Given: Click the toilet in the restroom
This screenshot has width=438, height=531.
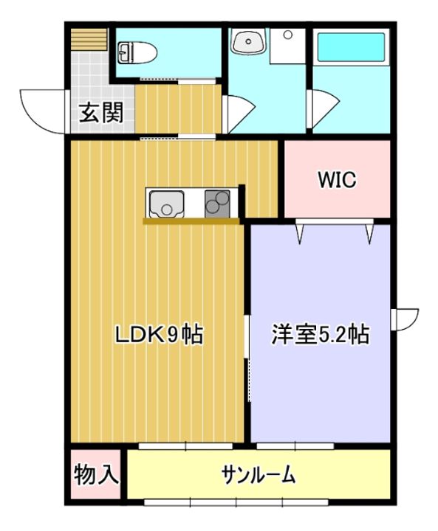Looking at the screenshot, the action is pos(137,53).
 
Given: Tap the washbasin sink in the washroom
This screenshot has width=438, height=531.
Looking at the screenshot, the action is pos(248,41).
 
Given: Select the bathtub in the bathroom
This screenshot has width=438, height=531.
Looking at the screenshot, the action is pos(351,47).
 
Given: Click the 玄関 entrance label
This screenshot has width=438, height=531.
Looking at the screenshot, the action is pos(101,112).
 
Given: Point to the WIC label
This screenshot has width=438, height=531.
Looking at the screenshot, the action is pos(337,180).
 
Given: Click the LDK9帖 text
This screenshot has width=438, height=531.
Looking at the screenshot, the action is pos(160,334).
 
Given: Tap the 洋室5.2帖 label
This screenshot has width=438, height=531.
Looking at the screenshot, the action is pos(321,334).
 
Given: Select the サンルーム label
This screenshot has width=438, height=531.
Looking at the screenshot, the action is pos(259,475).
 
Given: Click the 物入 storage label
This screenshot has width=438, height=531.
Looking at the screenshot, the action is pos(96,474).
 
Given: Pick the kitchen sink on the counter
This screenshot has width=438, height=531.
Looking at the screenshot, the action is pos(167,204).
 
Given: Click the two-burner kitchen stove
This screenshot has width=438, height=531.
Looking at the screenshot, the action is pos(217,204).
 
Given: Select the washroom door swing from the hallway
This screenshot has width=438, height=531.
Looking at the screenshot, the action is pos(239,114).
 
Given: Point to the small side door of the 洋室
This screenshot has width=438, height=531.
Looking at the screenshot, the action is pos(405,319).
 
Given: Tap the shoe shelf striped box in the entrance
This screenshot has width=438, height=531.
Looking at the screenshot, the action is pos(89,40).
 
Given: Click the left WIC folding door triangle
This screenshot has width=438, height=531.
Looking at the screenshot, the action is pos(300,232).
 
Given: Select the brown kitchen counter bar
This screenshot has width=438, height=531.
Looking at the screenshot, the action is pos(191,221).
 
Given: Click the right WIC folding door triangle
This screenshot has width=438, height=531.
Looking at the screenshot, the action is pos(369,232).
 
